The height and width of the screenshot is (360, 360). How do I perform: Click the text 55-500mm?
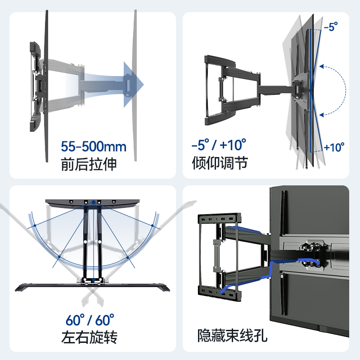(x=94, y=147)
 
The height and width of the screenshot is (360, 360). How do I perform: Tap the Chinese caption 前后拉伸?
(x=89, y=164)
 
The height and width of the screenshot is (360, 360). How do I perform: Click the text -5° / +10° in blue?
(x=219, y=145)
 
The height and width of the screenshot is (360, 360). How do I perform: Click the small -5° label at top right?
(x=330, y=27)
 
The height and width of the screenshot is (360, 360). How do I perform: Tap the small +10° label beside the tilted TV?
(x=334, y=147)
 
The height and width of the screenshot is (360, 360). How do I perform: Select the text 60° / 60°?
(x=90, y=320)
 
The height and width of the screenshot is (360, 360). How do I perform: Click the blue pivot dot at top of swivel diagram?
(x=93, y=202)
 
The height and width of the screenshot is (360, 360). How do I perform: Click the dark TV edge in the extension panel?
(x=46, y=85)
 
